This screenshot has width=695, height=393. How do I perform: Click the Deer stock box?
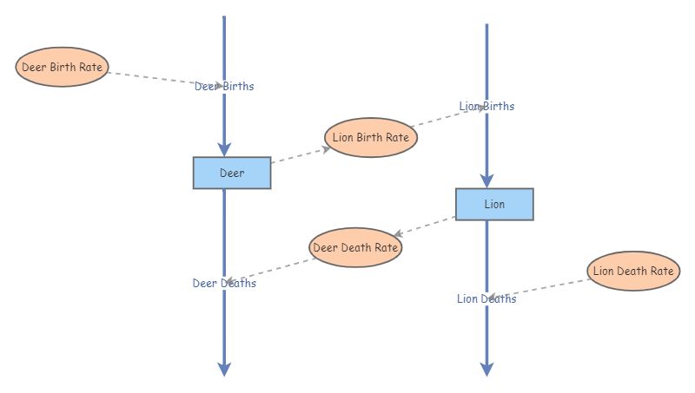[232, 173]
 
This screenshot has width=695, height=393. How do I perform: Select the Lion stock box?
[494, 204]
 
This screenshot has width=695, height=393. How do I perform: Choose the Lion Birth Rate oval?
[371, 137]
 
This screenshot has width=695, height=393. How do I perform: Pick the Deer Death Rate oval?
[355, 247]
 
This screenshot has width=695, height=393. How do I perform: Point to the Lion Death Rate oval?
[633, 271]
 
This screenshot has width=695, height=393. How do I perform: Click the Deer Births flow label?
[224, 86]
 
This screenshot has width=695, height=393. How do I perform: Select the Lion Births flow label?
[486, 106]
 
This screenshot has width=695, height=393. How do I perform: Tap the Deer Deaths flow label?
[224, 283]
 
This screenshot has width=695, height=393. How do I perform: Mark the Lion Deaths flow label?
[486, 298]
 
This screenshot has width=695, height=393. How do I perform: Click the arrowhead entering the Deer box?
[224, 149]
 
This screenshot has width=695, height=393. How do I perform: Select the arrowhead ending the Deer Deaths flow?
[224, 370]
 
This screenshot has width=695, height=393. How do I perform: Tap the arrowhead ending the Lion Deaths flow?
[486, 370]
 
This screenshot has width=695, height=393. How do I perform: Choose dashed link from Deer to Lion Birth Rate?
[300, 155]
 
